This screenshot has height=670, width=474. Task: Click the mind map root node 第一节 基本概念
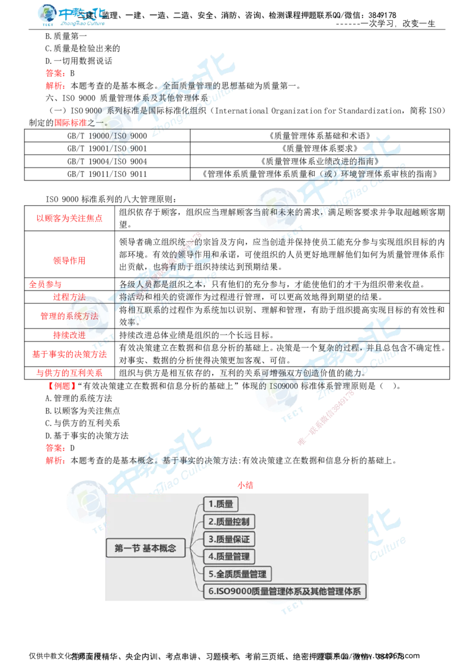(145, 548)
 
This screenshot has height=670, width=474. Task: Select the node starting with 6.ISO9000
(285, 591)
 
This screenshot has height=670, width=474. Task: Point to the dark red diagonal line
(326, 417)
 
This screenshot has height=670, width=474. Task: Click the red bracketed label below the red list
(61, 386)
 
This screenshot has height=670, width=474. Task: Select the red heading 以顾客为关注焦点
(69, 218)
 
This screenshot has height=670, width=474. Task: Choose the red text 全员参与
(45, 284)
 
